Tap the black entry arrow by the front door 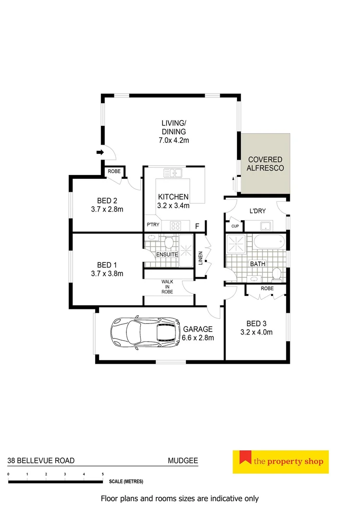tap(100, 153)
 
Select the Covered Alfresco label tap(265, 164)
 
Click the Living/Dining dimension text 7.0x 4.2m tap(174, 140)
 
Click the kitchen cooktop tap(174, 225)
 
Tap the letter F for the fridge tap(197, 226)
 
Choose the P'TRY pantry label tap(152, 225)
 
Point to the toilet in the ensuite tap(169, 241)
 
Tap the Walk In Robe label tap(167, 286)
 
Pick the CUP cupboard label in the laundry tap(235, 226)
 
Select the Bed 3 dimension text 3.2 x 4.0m tap(256, 332)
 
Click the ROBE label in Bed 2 tap(114, 171)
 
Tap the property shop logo tap(280, 462)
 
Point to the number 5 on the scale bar tap(103, 474)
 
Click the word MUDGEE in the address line tap(183, 460)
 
